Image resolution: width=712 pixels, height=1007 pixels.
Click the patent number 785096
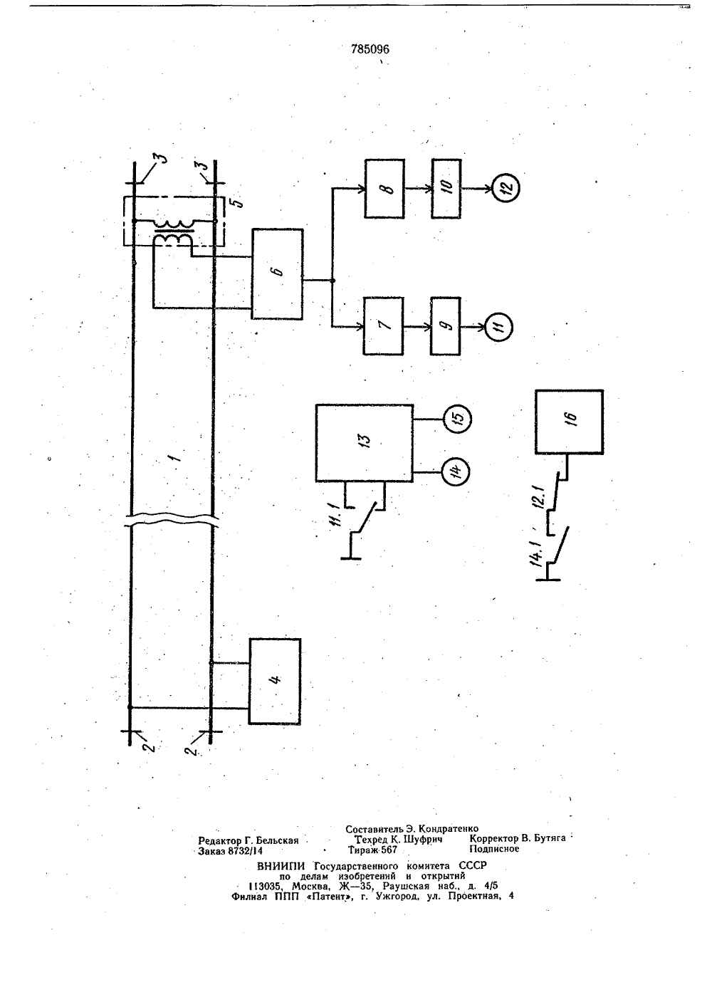[370, 49]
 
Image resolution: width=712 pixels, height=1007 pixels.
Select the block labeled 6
[277, 274]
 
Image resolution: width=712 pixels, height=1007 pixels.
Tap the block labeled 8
[384, 189]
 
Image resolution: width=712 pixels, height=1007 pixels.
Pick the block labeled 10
[446, 189]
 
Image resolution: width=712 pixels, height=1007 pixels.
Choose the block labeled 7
[384, 326]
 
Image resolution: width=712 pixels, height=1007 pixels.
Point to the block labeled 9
[446, 326]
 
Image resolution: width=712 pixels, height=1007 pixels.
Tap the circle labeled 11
[499, 327]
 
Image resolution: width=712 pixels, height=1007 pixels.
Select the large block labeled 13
[365, 443]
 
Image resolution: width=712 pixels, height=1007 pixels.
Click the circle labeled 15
[458, 419]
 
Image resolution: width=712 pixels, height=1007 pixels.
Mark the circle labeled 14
[455, 471]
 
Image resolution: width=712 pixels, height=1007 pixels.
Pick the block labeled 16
[569, 422]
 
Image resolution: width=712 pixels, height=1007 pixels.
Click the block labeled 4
[275, 682]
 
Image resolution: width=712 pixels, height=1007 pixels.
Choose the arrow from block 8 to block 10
[418, 189]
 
